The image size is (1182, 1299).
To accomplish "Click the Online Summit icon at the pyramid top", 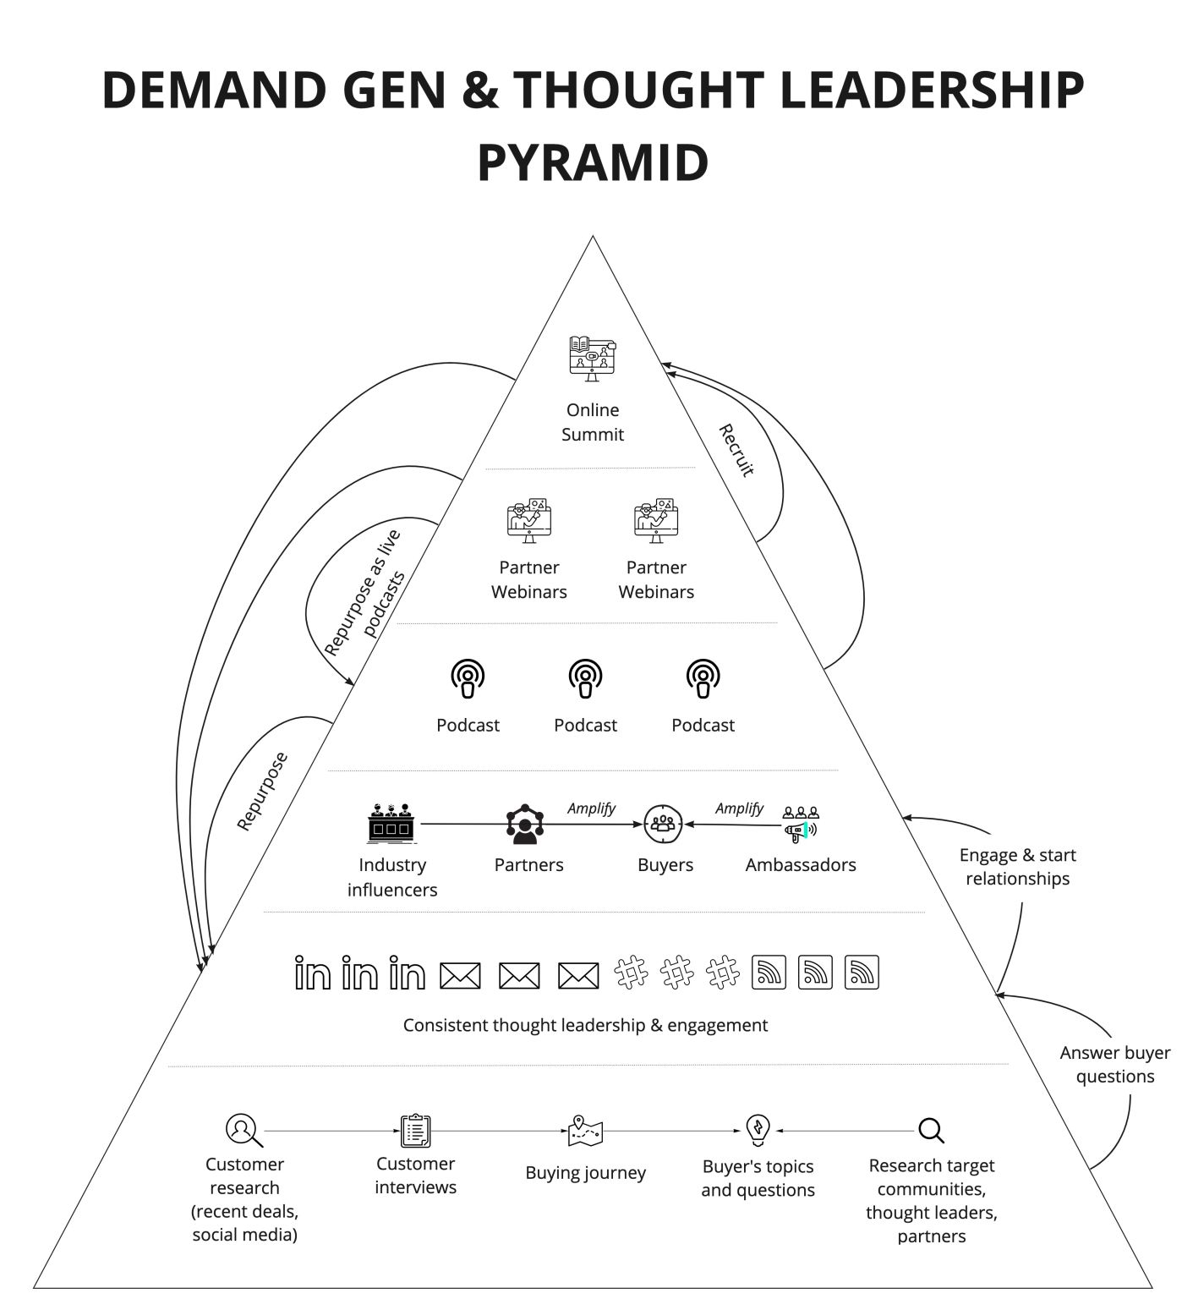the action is pos(593,359).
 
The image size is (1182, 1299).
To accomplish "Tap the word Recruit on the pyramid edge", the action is pos(736,450).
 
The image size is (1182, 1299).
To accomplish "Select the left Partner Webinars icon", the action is pos(529,520).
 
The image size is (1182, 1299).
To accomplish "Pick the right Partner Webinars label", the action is pos(656,579).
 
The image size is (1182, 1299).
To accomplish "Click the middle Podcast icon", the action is pos(585,679).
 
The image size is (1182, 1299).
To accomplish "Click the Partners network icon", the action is pos(526,825).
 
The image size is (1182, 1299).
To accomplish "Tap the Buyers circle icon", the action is pos(663,824).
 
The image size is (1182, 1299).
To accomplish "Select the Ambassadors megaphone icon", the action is pos(801,825).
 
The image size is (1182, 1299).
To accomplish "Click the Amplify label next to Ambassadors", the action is pos(739,808).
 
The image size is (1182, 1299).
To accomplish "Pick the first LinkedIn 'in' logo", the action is pos(312,973).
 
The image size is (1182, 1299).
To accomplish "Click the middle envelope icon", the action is pos(519,976).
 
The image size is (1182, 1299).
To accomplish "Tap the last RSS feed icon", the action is pos(862,973).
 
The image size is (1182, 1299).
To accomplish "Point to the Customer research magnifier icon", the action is pos(244,1130).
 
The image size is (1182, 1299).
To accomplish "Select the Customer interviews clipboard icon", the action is pos(415,1131).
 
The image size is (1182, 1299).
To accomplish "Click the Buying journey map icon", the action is pos(585,1131).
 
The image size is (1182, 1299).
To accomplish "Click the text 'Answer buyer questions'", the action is pos(1114,1065).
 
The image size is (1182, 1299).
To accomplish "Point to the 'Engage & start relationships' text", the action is pos(1017,867).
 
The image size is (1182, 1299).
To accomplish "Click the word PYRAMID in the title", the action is pos(593,163).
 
